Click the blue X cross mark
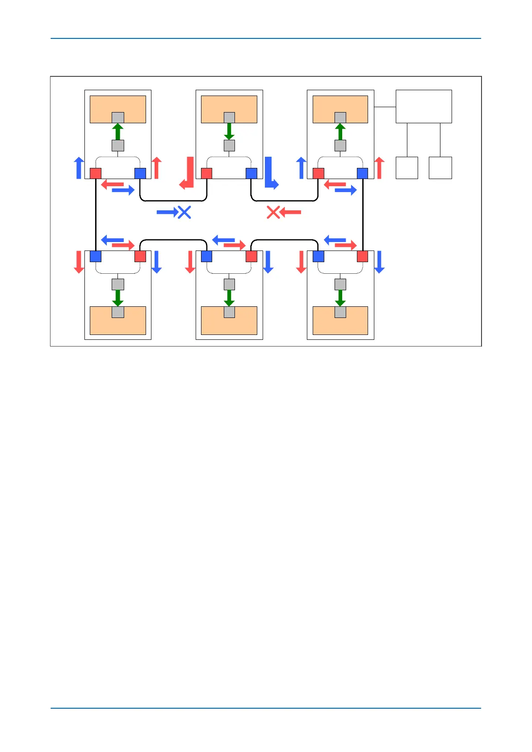click(x=184, y=213)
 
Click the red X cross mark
click(x=273, y=213)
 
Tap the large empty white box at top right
click(x=423, y=106)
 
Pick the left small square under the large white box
click(x=407, y=168)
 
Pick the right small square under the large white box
click(x=440, y=168)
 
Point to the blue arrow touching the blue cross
click(x=167, y=213)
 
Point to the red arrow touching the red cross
click(x=290, y=213)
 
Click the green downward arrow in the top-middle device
click(x=229, y=131)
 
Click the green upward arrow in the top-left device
click(x=117, y=132)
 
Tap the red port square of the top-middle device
click(x=206, y=173)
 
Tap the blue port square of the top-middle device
click(x=251, y=173)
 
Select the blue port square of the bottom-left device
click(x=96, y=256)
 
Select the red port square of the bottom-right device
click(x=362, y=256)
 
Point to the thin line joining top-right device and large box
click(x=385, y=107)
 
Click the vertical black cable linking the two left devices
click(x=96, y=214)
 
